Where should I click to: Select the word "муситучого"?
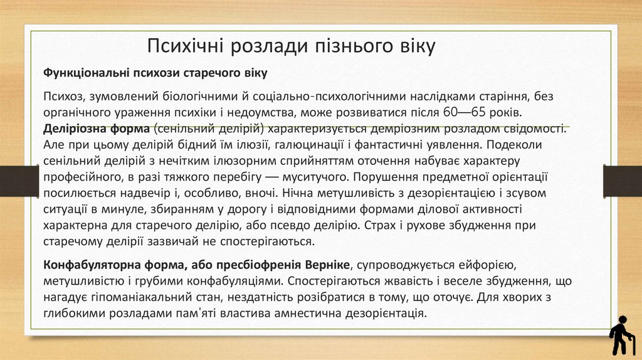(300, 177)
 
